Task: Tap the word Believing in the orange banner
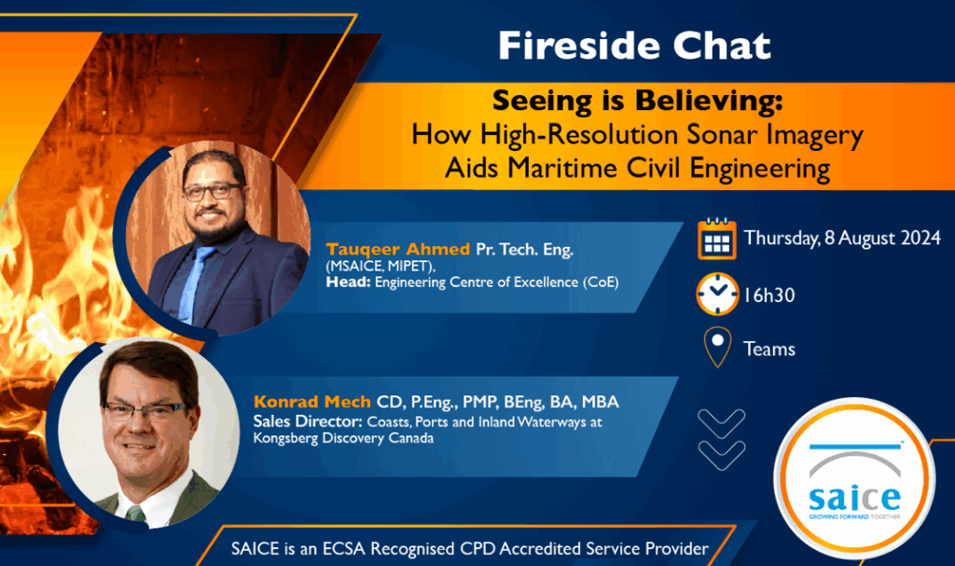707,102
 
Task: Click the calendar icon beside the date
717,239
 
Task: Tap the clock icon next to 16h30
717,295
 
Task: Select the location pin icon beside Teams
717,347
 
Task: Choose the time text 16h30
769,296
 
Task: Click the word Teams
769,349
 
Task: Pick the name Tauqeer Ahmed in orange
397,249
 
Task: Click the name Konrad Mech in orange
311,402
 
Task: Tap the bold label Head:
348,283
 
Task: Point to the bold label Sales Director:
308,421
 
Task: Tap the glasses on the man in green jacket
146,411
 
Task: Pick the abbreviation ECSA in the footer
343,549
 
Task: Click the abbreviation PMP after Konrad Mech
480,402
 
